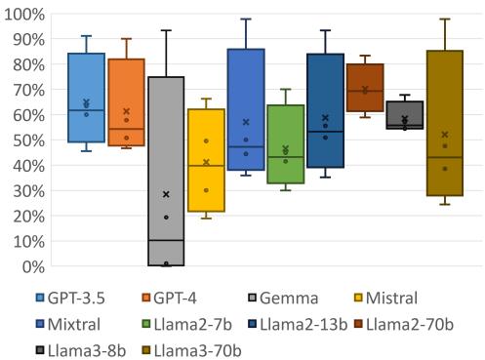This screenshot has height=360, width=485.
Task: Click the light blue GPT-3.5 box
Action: [x=86, y=98]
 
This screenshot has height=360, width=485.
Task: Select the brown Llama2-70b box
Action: [x=365, y=88]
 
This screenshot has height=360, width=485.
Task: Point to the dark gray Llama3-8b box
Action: [x=405, y=115]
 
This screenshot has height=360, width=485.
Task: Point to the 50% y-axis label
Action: [x=27, y=140]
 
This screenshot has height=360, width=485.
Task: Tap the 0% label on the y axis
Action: [x=31, y=265]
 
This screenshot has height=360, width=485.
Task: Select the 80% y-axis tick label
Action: [x=27, y=65]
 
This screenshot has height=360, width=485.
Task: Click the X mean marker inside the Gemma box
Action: [x=166, y=194]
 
